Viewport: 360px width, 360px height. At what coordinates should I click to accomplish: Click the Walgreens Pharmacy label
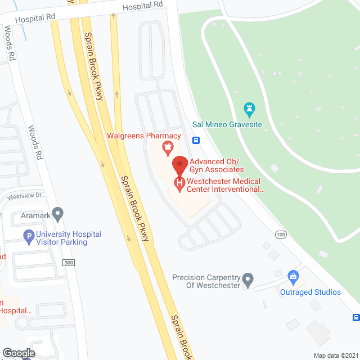pos(144,136)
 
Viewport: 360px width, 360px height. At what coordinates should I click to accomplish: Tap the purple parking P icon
pos(28,237)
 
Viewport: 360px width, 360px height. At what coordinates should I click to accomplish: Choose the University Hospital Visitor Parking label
pos(69,238)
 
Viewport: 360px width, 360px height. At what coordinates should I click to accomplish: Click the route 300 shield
pos(69,263)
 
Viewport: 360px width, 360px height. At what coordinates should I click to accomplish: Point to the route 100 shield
pos(280,233)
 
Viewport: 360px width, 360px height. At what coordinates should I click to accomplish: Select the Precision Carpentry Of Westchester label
pos(206,281)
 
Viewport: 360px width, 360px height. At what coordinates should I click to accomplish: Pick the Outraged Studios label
pos(310,292)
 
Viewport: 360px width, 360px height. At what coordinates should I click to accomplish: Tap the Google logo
pos(19,353)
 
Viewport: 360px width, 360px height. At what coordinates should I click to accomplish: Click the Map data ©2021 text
pos(335,355)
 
